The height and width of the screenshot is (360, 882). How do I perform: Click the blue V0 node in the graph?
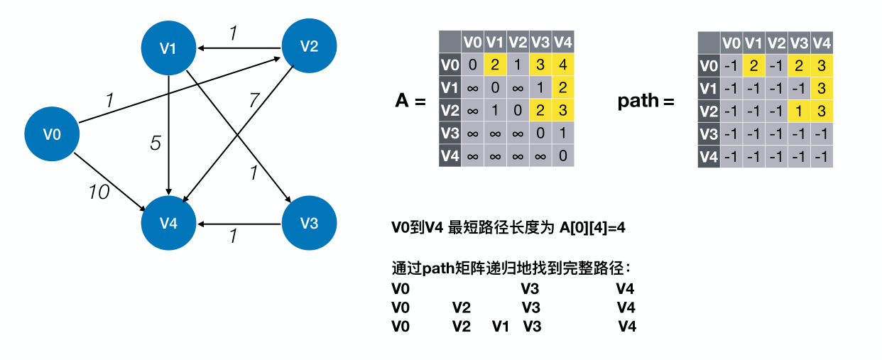click(52, 133)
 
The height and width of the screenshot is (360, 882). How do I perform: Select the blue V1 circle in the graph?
click(168, 48)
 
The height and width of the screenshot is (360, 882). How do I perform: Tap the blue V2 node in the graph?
click(309, 47)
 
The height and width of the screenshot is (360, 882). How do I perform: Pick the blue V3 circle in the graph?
click(309, 224)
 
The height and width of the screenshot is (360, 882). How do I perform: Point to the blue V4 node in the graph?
click(168, 224)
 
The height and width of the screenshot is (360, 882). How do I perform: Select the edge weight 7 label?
click(254, 100)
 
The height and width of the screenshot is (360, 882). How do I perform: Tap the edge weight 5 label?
click(156, 143)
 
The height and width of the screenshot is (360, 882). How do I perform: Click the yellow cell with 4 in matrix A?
click(562, 65)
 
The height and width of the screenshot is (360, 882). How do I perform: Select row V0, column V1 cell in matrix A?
click(495, 65)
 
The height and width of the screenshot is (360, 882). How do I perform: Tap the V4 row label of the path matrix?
click(709, 157)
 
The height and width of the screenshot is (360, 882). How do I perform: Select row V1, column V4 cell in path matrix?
click(822, 89)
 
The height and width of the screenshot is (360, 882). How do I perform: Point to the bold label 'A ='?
click(410, 101)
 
